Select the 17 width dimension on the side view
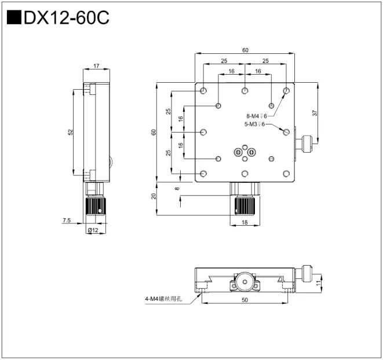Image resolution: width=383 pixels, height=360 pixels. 96,65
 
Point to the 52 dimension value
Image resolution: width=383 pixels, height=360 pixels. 70,132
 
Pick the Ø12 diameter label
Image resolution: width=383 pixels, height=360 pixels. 93,230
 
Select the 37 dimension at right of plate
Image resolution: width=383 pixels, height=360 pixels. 315,113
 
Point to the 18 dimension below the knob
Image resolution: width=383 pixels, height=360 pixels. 245,222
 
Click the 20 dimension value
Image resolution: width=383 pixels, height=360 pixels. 154,195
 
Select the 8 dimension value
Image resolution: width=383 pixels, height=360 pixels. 177,188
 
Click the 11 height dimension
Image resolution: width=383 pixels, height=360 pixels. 318,282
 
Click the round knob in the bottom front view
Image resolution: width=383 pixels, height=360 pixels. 244,283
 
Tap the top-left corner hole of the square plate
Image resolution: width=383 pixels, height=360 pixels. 203,91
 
